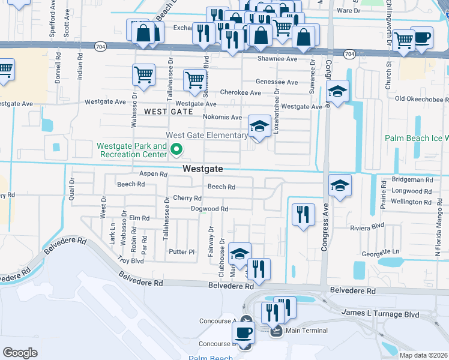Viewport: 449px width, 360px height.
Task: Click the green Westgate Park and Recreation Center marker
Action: (176, 149)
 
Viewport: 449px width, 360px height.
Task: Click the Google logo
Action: (20, 352)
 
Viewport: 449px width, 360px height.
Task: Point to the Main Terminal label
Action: (307, 331)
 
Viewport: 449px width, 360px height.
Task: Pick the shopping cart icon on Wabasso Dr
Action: (143, 76)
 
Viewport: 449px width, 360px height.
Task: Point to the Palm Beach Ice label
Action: (417, 138)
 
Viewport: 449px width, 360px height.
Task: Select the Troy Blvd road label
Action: (131, 261)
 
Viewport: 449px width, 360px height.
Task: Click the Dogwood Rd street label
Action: (209, 209)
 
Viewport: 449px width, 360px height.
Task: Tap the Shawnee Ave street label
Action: (277, 59)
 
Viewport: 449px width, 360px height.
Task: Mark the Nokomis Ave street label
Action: (222, 117)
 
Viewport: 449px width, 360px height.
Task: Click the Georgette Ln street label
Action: (379, 251)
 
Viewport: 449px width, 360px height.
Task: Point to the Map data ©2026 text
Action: (423, 355)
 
